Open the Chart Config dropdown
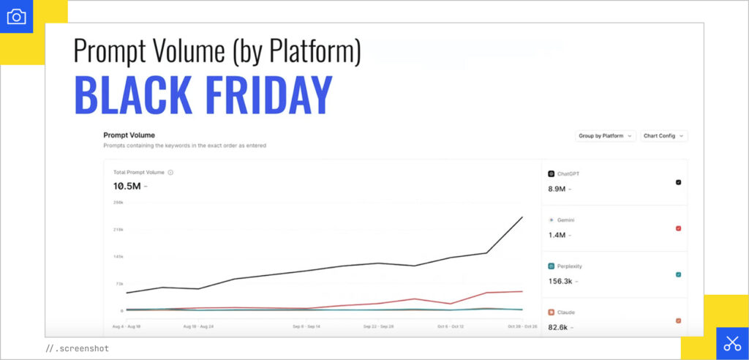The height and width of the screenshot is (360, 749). [x=663, y=136]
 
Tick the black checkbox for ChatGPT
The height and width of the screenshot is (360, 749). [x=678, y=182]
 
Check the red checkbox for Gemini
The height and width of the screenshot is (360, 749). [x=678, y=228]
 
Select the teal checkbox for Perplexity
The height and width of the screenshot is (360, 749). [x=678, y=274]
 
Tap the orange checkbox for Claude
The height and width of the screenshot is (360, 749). [x=678, y=320]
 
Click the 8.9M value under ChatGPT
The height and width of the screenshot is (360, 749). [x=557, y=189]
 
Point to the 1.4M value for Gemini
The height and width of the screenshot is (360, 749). [x=557, y=235]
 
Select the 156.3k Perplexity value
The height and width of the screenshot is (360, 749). [x=561, y=281]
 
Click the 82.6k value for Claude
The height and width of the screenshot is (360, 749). [x=560, y=326]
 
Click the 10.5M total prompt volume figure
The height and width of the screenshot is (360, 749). [x=127, y=187]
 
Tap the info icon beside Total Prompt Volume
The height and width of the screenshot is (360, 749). [x=170, y=173]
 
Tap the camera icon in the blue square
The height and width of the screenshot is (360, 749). [x=16, y=16]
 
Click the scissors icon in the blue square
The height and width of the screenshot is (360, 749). [x=732, y=343]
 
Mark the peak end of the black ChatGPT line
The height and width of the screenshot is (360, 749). [x=522, y=217]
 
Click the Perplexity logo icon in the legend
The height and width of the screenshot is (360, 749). [x=551, y=266]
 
